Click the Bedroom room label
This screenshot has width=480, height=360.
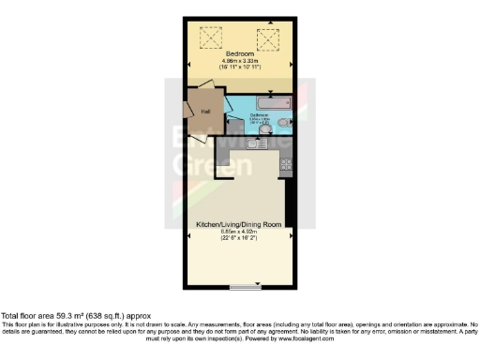click(239, 55)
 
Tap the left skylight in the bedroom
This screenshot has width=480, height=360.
click(208, 38)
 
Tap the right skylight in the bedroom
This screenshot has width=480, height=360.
click(270, 38)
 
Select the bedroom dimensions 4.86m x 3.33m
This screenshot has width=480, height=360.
click(239, 63)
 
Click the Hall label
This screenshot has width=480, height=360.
click(205, 112)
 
